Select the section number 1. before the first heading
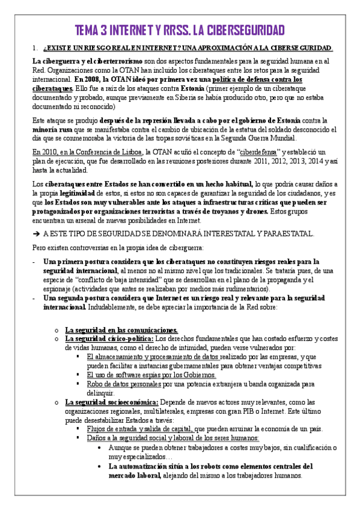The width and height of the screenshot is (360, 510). tap(36, 49)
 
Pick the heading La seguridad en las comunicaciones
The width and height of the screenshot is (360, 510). tap(121, 330)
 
